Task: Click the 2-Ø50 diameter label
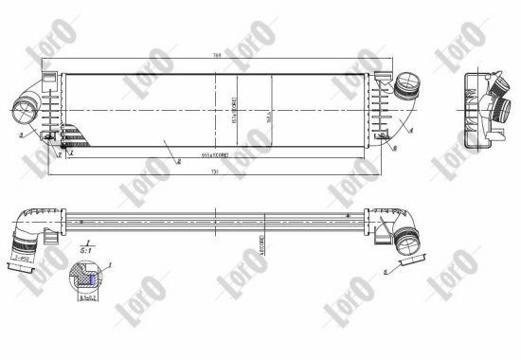[22, 257]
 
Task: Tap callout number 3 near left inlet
[20, 137]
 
